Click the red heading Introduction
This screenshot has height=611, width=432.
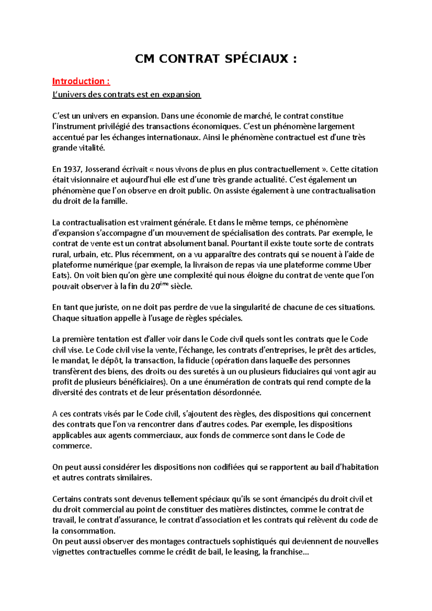(78, 81)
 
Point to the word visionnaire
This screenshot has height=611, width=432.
(90, 180)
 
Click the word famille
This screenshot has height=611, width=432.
(114, 201)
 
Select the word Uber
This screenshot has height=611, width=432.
(363, 265)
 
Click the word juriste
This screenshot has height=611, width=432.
(106, 308)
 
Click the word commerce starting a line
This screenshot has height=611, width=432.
(71, 446)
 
